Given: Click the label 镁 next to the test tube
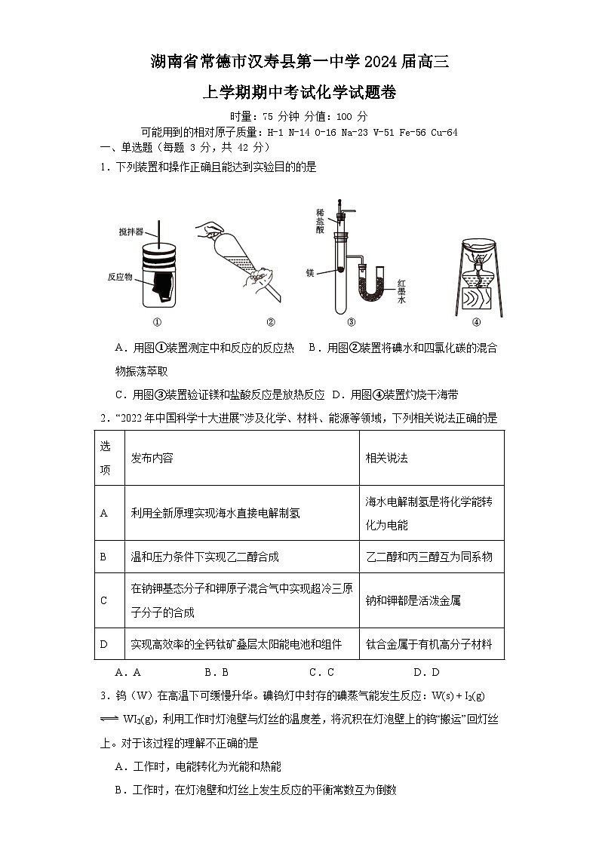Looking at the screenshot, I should coord(309,272).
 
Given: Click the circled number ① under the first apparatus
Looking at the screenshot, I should coord(158,323).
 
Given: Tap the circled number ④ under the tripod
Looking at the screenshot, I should coord(476,323).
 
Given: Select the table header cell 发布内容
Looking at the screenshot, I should coord(152,458).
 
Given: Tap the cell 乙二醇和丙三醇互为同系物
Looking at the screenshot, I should coord(429,557).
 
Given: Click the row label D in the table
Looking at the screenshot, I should coord(104,644).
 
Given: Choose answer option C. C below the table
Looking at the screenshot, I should coord(321,672).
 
